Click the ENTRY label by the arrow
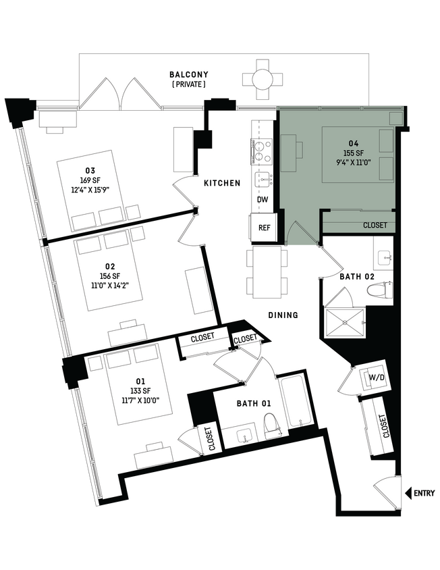pyautogui.click(x=424, y=493)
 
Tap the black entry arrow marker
pyautogui.click(x=408, y=493)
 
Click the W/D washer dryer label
pyautogui.click(x=377, y=378)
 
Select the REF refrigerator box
pyautogui.click(x=264, y=228)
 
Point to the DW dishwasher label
pyautogui.click(x=263, y=200)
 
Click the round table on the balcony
pyautogui.click(x=263, y=79)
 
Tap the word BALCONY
pyautogui.click(x=189, y=74)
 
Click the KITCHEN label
pyautogui.click(x=222, y=183)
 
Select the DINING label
pyautogui.click(x=283, y=315)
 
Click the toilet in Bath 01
pyautogui.click(x=271, y=425)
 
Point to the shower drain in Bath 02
pyautogui.click(x=344, y=322)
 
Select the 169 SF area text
pyautogui.click(x=90, y=180)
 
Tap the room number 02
pyautogui.click(x=110, y=267)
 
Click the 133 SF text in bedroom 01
pyautogui.click(x=140, y=391)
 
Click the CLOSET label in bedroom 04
pyautogui.click(x=375, y=226)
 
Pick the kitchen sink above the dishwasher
pyautogui.click(x=265, y=180)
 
